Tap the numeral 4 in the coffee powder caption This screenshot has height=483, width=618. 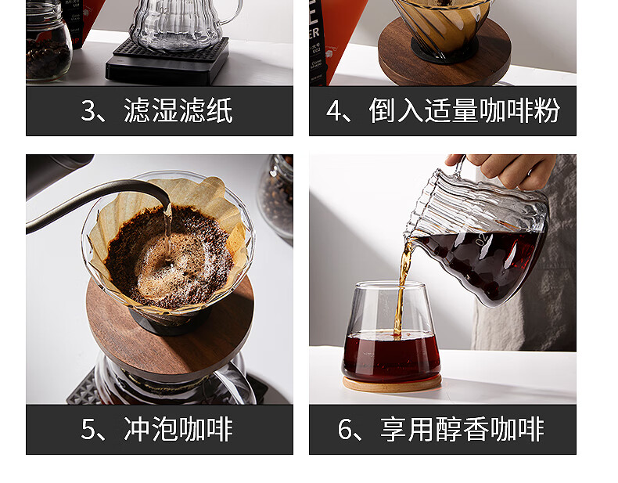tap(333, 110)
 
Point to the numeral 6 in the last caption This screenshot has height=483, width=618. tap(344, 429)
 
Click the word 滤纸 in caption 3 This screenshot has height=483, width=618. tap(205, 110)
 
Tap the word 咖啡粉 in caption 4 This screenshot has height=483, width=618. tap(519, 110)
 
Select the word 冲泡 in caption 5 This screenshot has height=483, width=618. tap(150, 429)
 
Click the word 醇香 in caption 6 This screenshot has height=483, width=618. tap(462, 429)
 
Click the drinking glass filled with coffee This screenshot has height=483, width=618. tap(391, 332)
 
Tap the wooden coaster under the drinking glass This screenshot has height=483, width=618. tap(392, 384)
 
